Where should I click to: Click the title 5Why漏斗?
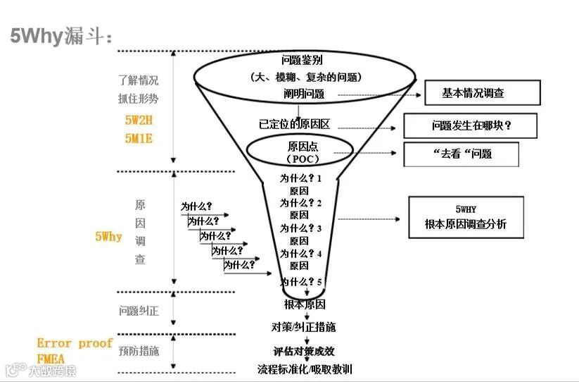tap(62, 35)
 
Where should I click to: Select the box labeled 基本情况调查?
tap(482, 93)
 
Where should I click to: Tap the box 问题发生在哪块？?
tap(470, 126)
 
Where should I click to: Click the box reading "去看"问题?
tap(461, 154)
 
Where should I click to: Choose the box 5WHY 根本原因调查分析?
tap(465, 218)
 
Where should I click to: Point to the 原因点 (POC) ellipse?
tap(299, 151)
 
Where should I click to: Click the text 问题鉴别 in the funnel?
tap(301, 60)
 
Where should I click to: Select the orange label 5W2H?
tap(139, 120)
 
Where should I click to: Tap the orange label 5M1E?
tap(139, 138)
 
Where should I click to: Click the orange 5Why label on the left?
tap(109, 237)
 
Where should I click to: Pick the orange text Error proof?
tap(75, 343)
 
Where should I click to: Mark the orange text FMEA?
tap(51, 358)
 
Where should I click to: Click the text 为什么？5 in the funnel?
tap(300, 282)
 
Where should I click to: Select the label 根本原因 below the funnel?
tap(305, 304)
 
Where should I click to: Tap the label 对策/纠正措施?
tap(303, 327)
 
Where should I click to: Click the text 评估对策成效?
tap(304, 350)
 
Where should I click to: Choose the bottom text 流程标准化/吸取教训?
tap(305, 369)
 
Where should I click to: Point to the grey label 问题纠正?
tap(139, 311)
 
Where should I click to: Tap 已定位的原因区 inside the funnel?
tap(294, 124)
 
